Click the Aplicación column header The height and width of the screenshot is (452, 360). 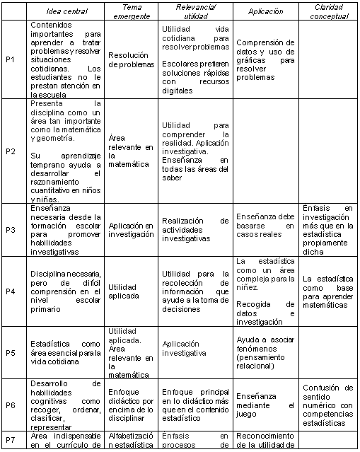265,11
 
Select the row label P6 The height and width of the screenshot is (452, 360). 10,405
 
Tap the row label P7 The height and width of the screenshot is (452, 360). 10,439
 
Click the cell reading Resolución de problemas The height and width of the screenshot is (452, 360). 131,59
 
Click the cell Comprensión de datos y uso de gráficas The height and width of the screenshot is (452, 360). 265,59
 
